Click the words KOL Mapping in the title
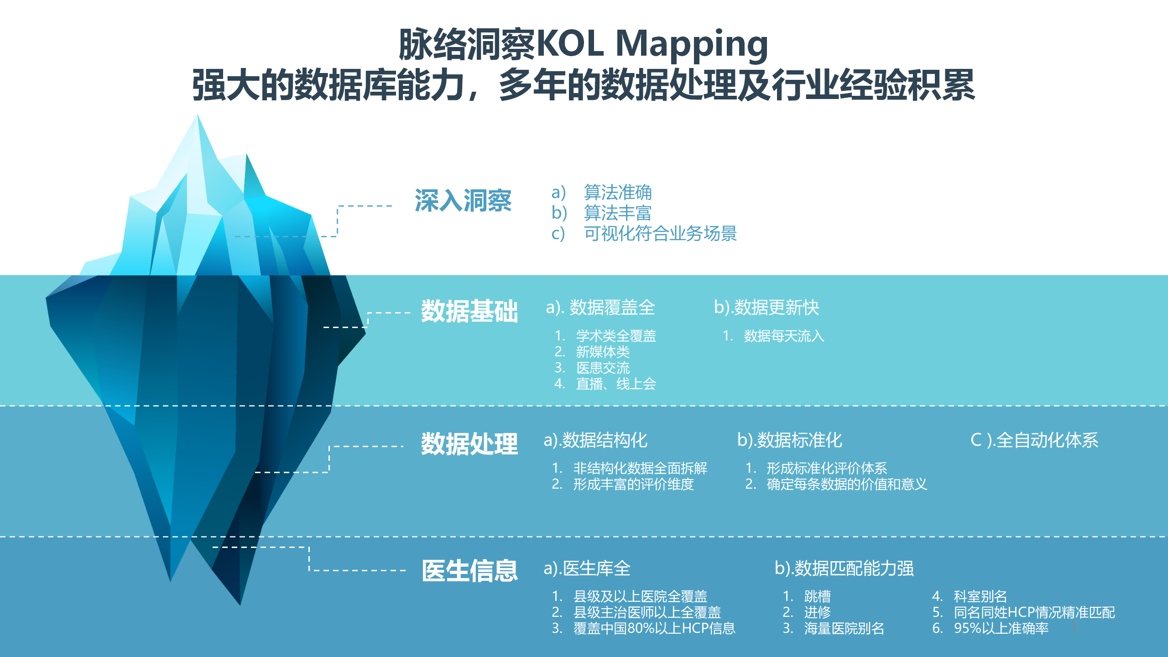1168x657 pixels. pyautogui.click(x=653, y=45)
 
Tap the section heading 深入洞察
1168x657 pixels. pyautogui.click(x=463, y=201)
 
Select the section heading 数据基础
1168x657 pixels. pyautogui.click(x=469, y=311)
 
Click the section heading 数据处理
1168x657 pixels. pyautogui.click(x=469, y=443)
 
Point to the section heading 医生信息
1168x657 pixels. pyautogui.click(x=469, y=570)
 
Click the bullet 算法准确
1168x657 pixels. pyautogui.click(x=618, y=192)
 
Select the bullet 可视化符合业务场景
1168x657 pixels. pyautogui.click(x=660, y=233)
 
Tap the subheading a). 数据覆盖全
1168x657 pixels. pyautogui.click(x=600, y=308)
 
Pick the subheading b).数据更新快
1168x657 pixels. pyautogui.click(x=766, y=308)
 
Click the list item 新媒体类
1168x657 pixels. pyautogui.click(x=603, y=352)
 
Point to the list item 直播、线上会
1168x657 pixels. pyautogui.click(x=616, y=384)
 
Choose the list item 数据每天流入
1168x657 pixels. pyautogui.click(x=784, y=336)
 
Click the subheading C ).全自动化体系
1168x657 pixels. pyautogui.click(x=1034, y=440)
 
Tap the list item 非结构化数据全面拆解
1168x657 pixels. pyautogui.click(x=640, y=468)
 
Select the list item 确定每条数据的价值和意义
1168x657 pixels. pyautogui.click(x=847, y=484)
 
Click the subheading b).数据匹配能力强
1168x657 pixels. pyautogui.click(x=844, y=568)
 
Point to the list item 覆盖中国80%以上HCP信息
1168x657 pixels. pyautogui.click(x=654, y=628)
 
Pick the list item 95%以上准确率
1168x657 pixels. pyautogui.click(x=1001, y=628)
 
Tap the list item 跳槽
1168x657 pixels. pyautogui.click(x=817, y=596)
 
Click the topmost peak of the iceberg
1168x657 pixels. pyautogui.click(x=197, y=115)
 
